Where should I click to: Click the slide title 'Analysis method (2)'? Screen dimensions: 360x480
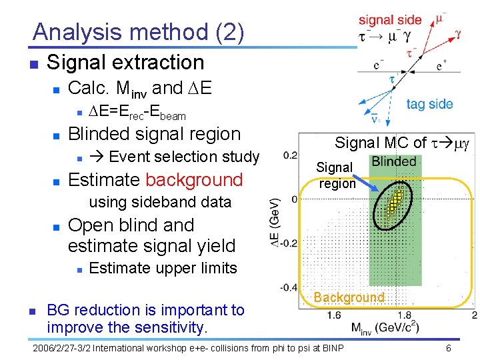pyautogui.click(x=138, y=31)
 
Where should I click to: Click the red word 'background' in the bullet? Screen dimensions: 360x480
pyautogui.click(x=194, y=180)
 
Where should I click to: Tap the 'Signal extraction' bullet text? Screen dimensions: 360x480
pyautogui.click(x=125, y=63)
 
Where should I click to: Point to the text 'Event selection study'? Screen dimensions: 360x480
pyautogui.click(x=183, y=157)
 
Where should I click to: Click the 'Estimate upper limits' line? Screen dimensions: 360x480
pyautogui.click(x=163, y=268)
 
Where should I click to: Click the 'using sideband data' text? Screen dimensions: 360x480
pyautogui.click(x=159, y=202)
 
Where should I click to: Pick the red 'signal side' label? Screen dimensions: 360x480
pyautogui.click(x=390, y=20)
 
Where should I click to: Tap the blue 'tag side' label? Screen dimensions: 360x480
pyautogui.click(x=429, y=104)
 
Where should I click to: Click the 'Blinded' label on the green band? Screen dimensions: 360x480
pyautogui.click(x=393, y=161)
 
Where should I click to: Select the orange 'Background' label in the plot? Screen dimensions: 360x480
pyautogui.click(x=349, y=297)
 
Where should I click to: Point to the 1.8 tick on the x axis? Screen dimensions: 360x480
pyautogui.click(x=404, y=315)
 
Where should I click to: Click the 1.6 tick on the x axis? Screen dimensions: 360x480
pyautogui.click(x=334, y=315)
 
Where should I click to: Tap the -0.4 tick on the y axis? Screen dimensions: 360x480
pyautogui.click(x=289, y=287)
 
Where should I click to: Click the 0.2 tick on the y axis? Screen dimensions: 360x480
pyautogui.click(x=290, y=155)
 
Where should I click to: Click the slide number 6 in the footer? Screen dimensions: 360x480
pyautogui.click(x=449, y=348)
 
